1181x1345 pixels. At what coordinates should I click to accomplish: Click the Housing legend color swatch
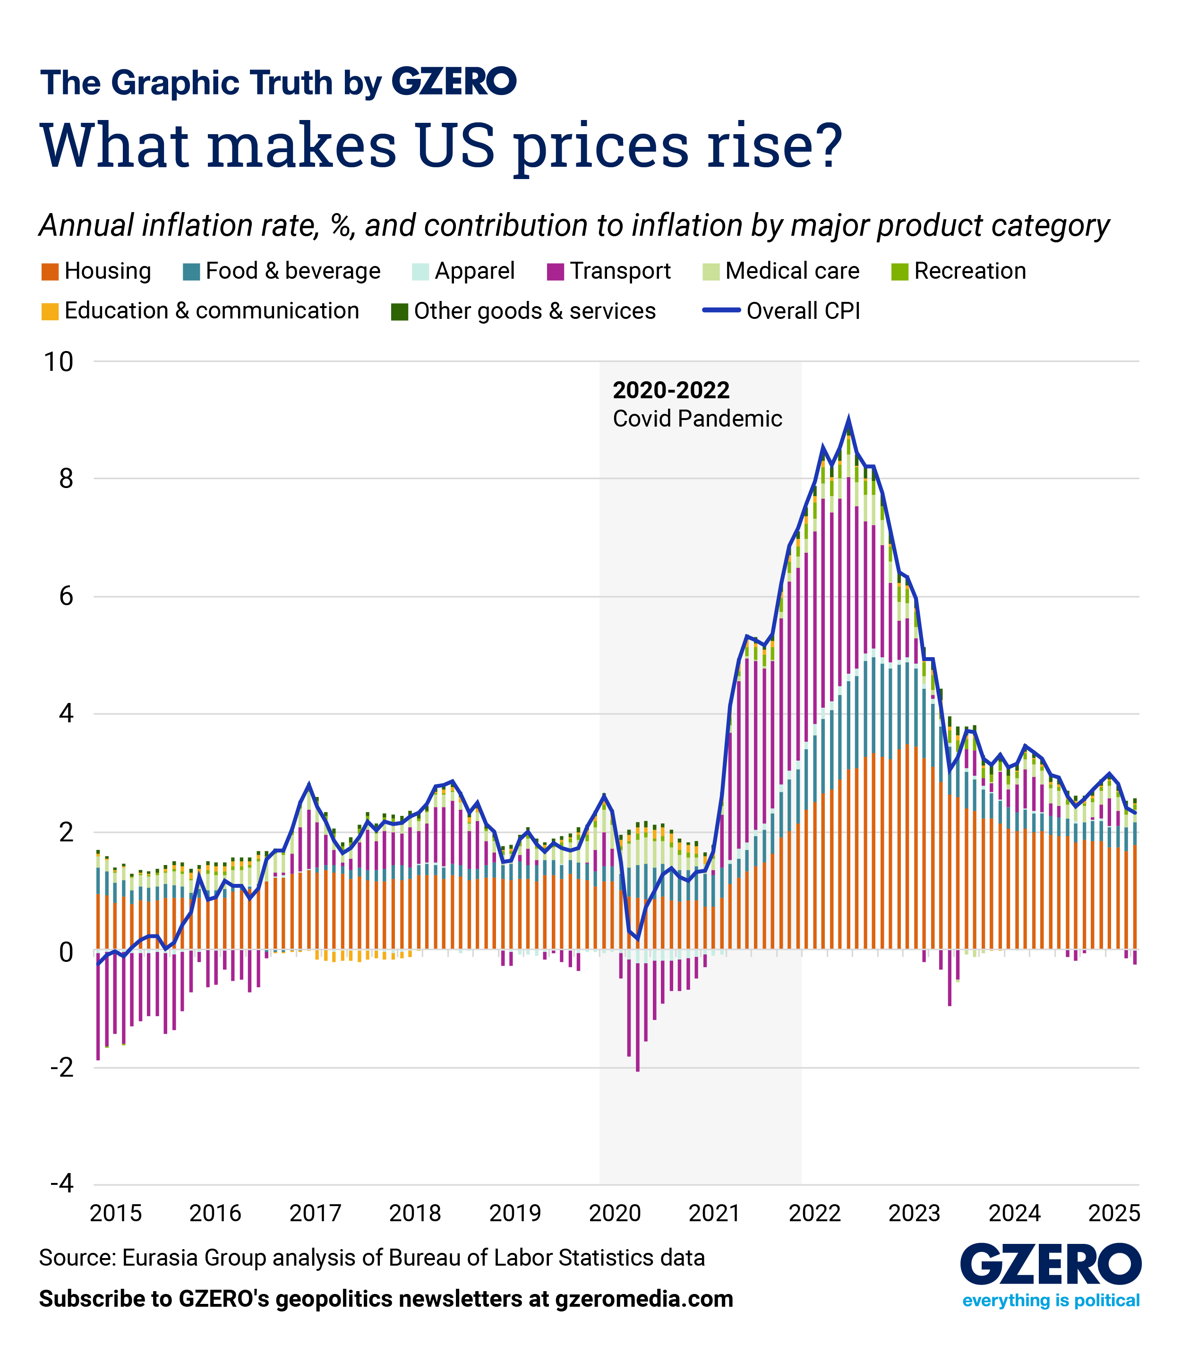click(x=50, y=272)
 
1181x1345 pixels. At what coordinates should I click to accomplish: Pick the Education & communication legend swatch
click(x=50, y=312)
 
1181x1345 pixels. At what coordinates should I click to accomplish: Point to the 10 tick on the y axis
click(x=58, y=361)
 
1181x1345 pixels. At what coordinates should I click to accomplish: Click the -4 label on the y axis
click(x=62, y=1183)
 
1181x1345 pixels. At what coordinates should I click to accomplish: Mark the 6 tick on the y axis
click(x=66, y=597)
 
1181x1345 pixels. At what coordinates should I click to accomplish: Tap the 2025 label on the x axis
click(x=1113, y=1212)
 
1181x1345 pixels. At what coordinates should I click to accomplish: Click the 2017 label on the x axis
click(x=315, y=1212)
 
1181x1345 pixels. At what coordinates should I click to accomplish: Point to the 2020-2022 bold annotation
click(x=670, y=390)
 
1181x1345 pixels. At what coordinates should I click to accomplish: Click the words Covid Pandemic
click(x=697, y=419)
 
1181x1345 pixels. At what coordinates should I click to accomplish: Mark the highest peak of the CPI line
click(x=848, y=420)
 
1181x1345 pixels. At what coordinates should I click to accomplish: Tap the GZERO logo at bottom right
click(x=1050, y=1263)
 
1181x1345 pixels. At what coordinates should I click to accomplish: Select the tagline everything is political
click(x=1050, y=1300)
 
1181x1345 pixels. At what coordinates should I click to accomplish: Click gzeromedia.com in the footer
click(x=643, y=1299)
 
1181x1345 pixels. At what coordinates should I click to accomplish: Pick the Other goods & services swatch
click(x=399, y=312)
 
